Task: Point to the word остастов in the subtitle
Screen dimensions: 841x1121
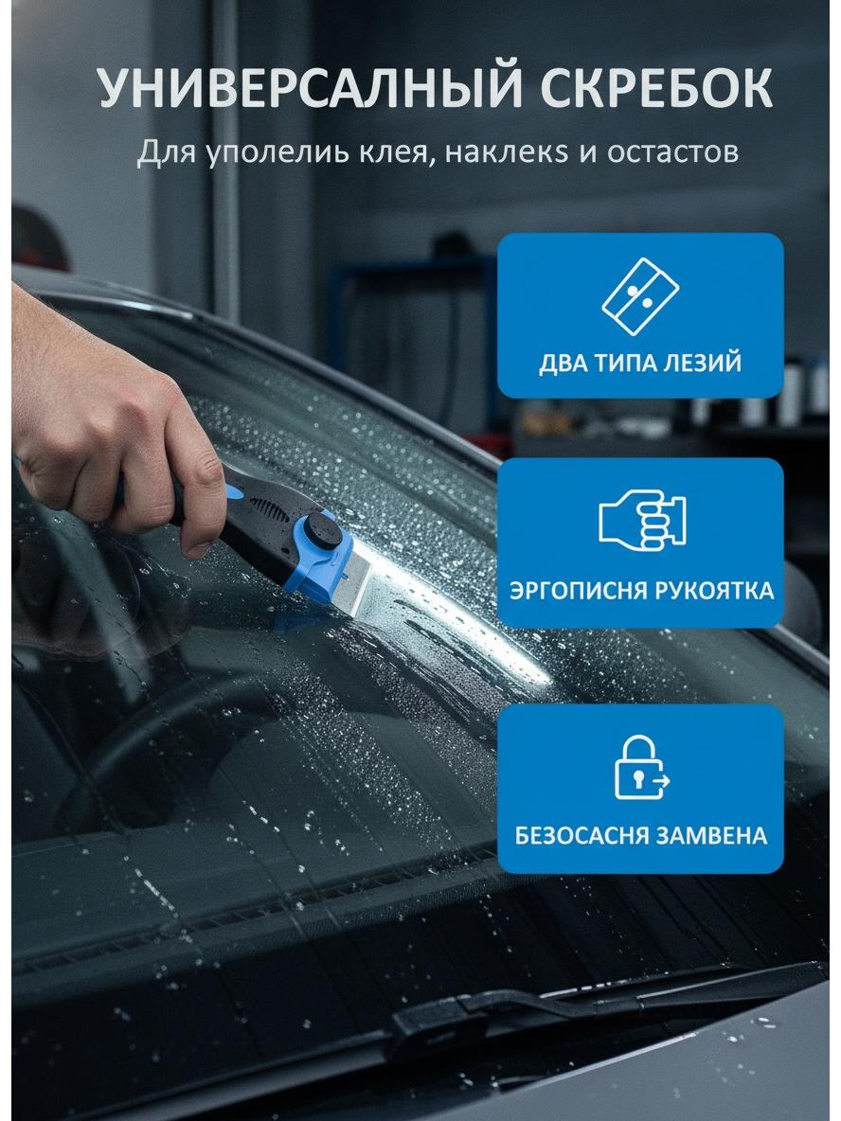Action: [672, 151]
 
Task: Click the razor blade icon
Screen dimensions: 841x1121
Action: [640, 296]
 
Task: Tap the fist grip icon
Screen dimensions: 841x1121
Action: [641, 519]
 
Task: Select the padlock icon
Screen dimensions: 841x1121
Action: [641, 767]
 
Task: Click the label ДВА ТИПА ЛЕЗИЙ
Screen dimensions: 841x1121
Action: [640, 363]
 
